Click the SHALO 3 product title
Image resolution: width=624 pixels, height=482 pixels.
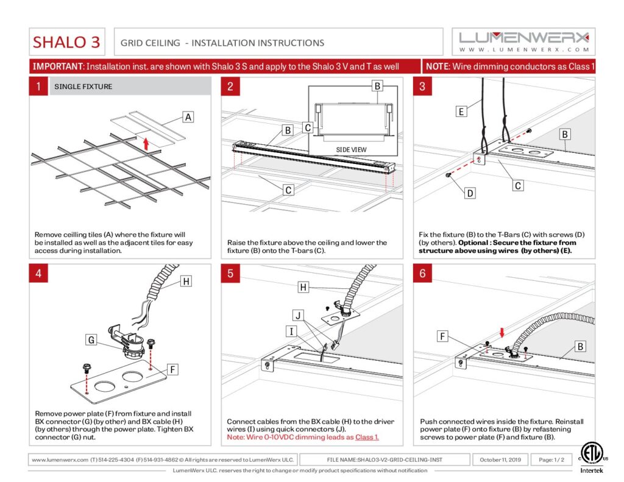[66, 42]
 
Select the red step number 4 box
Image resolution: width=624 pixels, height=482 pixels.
[38, 274]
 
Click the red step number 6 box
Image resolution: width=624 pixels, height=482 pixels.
[422, 274]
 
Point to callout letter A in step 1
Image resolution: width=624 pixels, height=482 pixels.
[188, 117]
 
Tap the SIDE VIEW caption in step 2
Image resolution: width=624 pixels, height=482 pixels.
[351, 149]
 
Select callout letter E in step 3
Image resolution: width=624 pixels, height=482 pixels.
[461, 111]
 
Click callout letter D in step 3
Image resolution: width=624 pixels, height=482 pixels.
[470, 193]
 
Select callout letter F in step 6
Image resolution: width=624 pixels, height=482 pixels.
[444, 335]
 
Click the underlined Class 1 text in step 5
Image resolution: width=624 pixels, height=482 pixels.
[367, 438]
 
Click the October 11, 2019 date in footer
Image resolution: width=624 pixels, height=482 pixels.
[500, 459]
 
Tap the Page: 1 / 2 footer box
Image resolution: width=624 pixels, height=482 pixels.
[550, 459]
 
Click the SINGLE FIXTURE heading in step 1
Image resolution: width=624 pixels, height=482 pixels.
[83, 87]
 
